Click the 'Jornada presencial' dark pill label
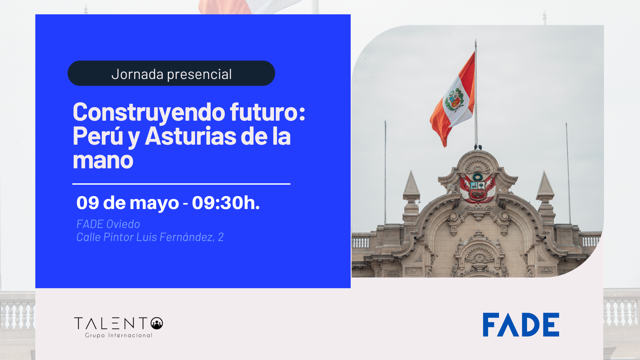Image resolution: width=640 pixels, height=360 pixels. pos(171,73)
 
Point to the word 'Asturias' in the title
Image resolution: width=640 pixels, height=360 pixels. pos(206,136)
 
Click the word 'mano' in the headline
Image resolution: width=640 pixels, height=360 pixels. pos(103,161)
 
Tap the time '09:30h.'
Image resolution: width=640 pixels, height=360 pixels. pos(226,202)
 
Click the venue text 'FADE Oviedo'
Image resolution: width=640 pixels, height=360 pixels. pos(108,224)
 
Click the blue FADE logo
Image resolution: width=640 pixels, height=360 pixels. pos(521,325)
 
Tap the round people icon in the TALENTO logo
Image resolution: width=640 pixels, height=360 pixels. pos(157,323)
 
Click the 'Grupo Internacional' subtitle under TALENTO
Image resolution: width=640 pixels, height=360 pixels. pos(119,335)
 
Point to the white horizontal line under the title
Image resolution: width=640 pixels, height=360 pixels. pos(181,184)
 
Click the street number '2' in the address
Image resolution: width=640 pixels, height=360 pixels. pos(221,237)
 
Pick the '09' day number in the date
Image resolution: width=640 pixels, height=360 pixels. pos(88,202)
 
